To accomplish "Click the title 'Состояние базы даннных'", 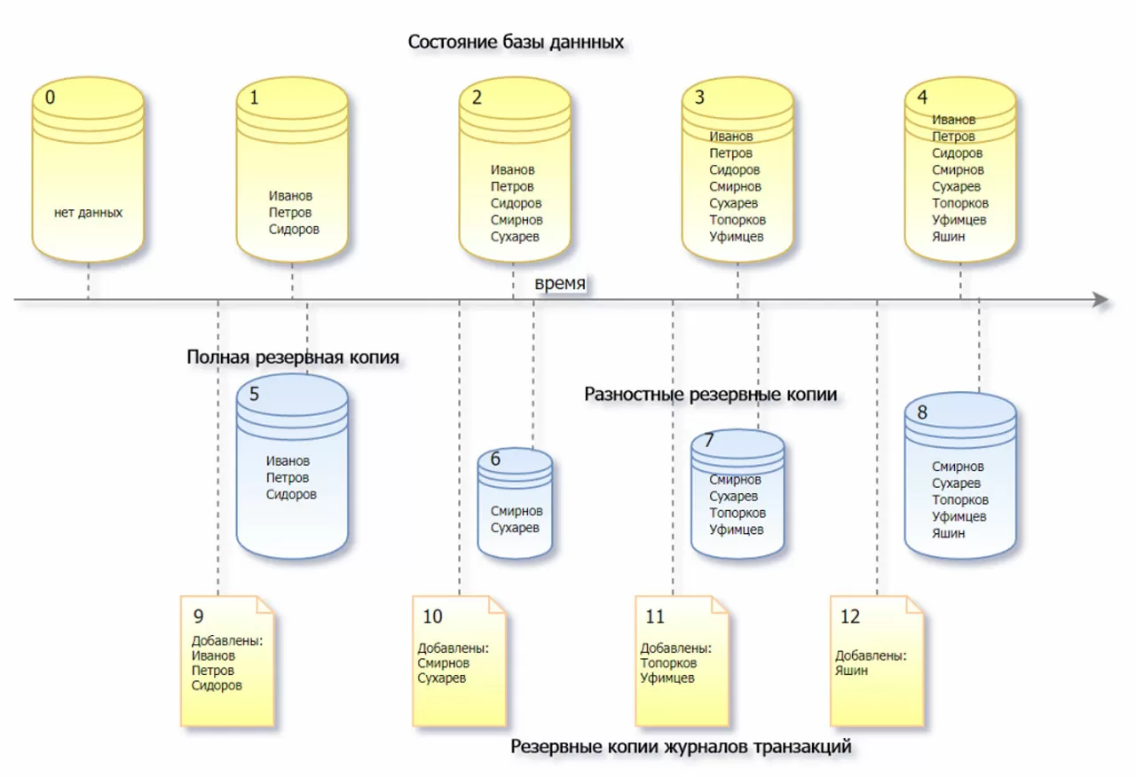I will (x=516, y=42).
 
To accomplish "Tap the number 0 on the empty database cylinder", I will (x=50, y=97).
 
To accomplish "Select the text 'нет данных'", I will (x=88, y=213).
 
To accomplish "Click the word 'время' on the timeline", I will (x=561, y=283).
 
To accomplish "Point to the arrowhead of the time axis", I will (x=1100, y=301).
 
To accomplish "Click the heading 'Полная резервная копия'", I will (x=293, y=357).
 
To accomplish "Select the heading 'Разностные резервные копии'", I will (x=711, y=394).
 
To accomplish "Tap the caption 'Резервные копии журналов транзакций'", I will (x=681, y=747).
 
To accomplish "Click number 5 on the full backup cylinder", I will (x=255, y=395).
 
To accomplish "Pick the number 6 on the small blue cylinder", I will (x=495, y=459).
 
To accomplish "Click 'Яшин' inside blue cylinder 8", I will (x=949, y=533).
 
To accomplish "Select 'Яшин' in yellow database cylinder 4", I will (x=949, y=237).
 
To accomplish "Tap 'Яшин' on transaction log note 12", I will (x=851, y=671).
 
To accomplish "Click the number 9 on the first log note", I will (x=198, y=616).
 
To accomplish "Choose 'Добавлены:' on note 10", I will (x=453, y=648).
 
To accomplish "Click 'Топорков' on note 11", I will (x=668, y=663).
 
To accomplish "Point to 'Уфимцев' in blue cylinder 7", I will (x=736, y=530).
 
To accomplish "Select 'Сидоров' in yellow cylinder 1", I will (x=294, y=229).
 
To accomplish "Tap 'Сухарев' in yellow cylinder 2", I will (x=516, y=237).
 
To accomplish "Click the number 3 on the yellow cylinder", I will (x=699, y=97).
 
